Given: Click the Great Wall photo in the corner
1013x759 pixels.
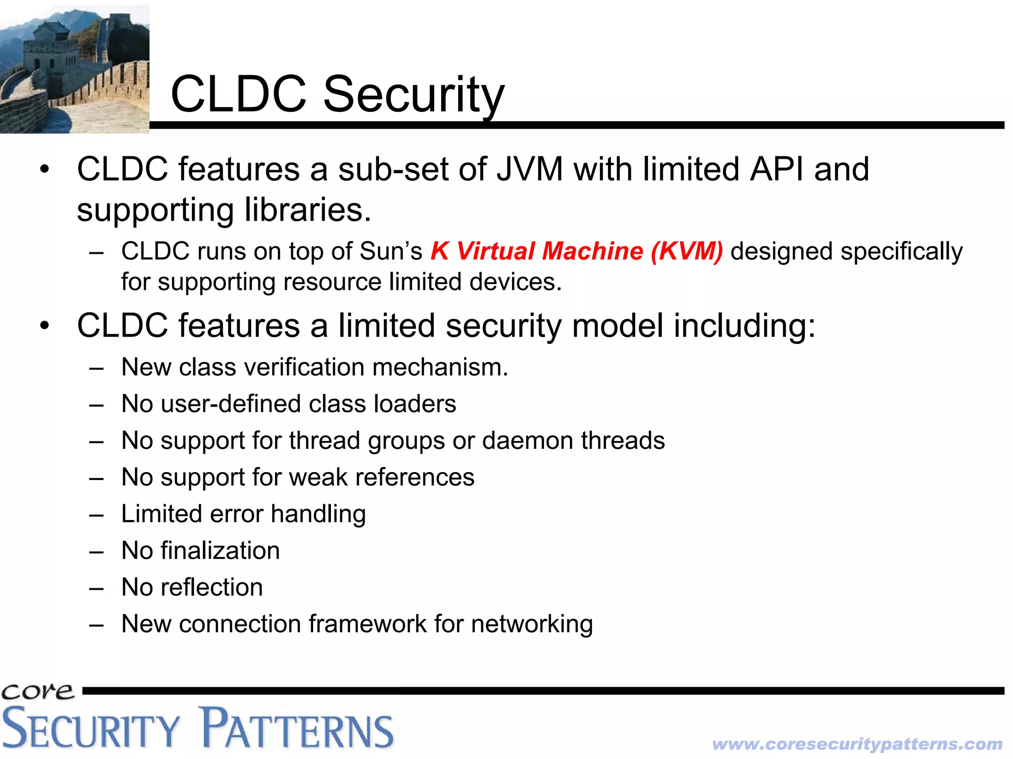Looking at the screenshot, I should click(x=74, y=69).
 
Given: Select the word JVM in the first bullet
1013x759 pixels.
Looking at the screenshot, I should click(x=529, y=169).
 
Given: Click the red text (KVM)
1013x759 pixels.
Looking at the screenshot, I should click(x=687, y=251).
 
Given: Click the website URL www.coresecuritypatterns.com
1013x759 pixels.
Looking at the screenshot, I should click(x=857, y=744).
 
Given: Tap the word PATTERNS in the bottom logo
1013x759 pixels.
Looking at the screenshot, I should click(x=298, y=729).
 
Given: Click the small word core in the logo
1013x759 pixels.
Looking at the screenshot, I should click(x=37, y=691).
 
